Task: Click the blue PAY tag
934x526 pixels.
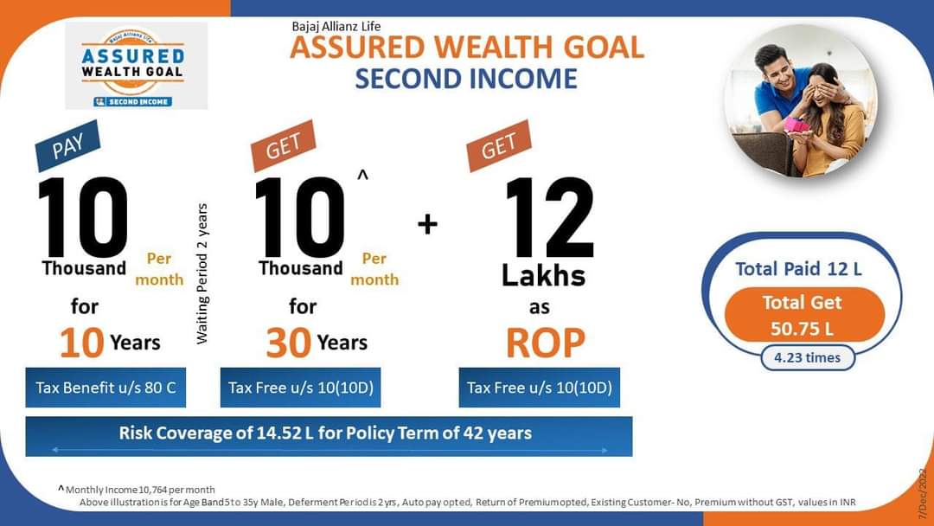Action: [x=67, y=146]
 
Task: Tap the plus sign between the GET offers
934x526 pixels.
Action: [x=427, y=225]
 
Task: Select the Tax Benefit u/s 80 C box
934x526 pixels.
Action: [x=106, y=388]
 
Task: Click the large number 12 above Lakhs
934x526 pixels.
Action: [x=549, y=217]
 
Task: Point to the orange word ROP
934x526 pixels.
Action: [x=546, y=343]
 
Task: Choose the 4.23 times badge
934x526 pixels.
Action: [x=808, y=358]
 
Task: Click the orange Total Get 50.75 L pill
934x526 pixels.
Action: [x=804, y=315]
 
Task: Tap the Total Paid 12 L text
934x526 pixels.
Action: [x=798, y=269]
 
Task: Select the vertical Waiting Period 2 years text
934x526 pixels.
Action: [x=202, y=273]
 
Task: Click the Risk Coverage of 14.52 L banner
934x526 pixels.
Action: [x=329, y=436]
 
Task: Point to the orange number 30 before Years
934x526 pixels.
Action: [x=288, y=343]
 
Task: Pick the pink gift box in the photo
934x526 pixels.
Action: [x=796, y=125]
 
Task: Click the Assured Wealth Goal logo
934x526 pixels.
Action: [x=137, y=66]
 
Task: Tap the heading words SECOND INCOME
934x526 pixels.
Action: [x=466, y=79]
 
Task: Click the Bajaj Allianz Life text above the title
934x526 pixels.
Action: [x=336, y=26]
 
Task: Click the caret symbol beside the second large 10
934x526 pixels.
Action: [x=362, y=175]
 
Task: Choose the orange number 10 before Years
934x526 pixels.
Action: [x=81, y=343]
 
